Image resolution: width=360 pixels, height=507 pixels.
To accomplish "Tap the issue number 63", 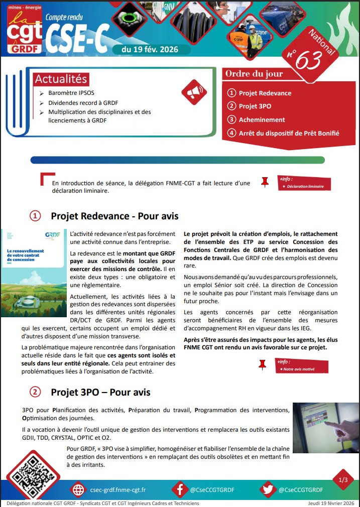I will (308, 61).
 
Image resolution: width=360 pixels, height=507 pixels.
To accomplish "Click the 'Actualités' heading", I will (61, 79).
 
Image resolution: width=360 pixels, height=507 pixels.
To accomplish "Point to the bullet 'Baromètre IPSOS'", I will (71, 93).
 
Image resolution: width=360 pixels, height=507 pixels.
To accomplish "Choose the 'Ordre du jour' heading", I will (254, 74).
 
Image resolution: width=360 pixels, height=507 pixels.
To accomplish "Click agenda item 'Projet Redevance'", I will (265, 93).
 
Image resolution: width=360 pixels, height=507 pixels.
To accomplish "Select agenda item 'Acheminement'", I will (262, 119).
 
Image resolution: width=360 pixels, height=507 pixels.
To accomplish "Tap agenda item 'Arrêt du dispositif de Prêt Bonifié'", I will (289, 133).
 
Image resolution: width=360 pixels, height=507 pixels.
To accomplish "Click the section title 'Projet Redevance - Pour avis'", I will (114, 216).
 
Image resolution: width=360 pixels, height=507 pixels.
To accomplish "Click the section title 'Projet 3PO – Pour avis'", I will (100, 392).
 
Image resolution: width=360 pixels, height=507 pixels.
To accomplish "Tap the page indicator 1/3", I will (343, 480).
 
